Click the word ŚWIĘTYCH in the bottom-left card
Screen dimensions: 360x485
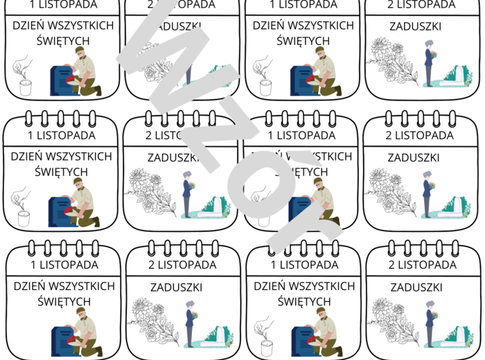tap(63, 301)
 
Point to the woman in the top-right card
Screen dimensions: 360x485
tap(429, 62)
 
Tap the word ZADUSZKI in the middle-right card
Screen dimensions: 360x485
tap(414, 157)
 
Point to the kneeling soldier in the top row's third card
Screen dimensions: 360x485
tap(323, 72)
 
